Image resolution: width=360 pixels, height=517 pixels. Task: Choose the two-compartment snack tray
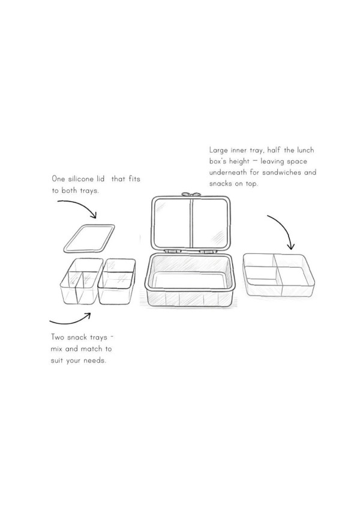point(117,281)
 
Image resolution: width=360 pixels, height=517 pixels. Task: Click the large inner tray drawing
point(278,274)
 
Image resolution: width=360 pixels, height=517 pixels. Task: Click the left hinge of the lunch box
point(172,252)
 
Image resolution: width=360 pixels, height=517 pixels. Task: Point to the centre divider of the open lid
point(191,223)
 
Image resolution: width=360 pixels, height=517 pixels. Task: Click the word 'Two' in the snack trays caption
point(58,337)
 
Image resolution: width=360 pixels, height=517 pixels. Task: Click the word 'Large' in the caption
point(218,150)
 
